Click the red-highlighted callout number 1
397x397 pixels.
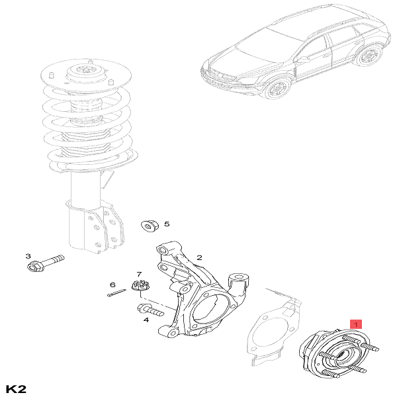(x=356, y=324)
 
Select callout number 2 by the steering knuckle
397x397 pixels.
(x=198, y=257)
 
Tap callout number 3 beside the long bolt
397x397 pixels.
(x=28, y=256)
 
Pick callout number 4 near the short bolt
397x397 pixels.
(x=146, y=320)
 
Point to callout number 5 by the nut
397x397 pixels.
(x=167, y=224)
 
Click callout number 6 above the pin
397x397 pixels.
(x=112, y=285)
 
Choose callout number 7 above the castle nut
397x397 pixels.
(x=139, y=274)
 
